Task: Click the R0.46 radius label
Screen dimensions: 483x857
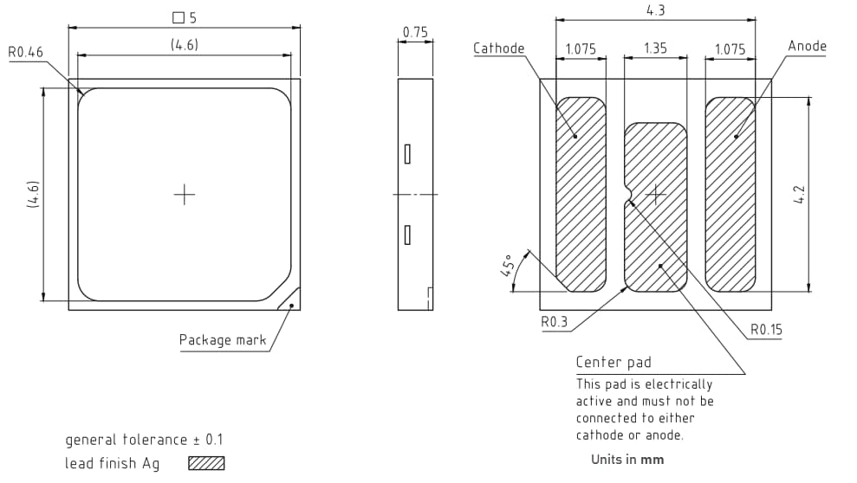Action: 26,53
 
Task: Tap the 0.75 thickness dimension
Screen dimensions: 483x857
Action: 415,33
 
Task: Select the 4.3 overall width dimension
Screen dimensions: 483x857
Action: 655,11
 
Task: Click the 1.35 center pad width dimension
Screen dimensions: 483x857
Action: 656,48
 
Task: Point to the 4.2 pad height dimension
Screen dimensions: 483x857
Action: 801,194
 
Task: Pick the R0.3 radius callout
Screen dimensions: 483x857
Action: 554,322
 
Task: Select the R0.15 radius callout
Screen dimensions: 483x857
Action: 767,330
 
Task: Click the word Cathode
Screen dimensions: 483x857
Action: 499,48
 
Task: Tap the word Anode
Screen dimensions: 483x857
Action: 807,46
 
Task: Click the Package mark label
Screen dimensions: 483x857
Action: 223,339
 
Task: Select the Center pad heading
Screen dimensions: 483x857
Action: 614,362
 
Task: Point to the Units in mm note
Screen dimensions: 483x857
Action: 627,460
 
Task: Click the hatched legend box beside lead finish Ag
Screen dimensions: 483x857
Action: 206,463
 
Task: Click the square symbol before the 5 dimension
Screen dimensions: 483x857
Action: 179,17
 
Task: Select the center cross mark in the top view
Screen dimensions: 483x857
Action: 185,195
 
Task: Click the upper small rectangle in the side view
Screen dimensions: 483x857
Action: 406,154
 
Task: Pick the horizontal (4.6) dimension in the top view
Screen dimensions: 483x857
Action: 184,45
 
